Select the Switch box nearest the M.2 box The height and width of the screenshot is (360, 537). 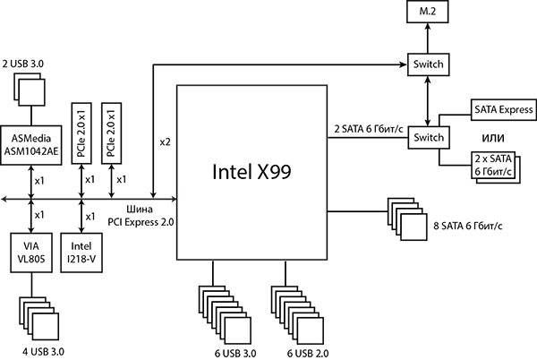[426, 65]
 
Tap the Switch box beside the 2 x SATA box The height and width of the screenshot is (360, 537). [426, 138]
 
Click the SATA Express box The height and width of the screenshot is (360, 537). [503, 111]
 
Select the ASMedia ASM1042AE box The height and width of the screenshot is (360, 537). [33, 144]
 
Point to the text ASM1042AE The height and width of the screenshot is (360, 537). [33, 150]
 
